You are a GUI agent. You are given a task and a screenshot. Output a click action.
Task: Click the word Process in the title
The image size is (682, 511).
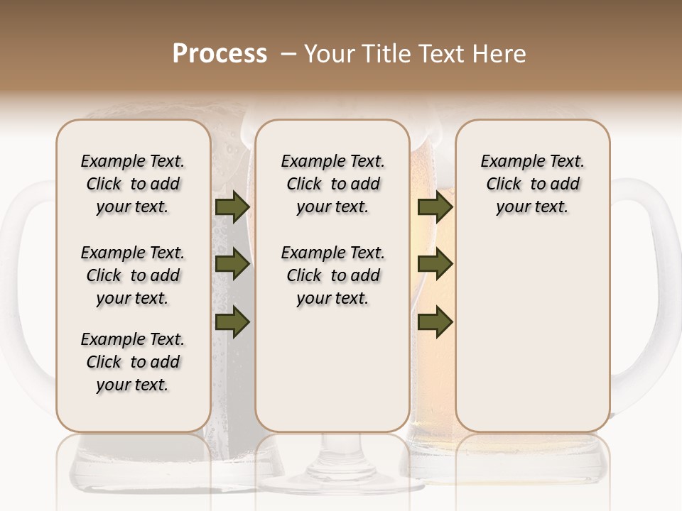point(220,54)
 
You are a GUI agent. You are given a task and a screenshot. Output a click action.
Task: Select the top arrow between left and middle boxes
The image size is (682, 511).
point(232,208)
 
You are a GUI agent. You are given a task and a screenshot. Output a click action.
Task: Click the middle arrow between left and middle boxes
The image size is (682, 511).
point(232,265)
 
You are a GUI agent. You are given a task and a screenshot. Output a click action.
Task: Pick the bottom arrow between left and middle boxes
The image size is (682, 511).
point(232,322)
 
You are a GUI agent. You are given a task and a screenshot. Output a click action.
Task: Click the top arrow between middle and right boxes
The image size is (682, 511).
point(435,208)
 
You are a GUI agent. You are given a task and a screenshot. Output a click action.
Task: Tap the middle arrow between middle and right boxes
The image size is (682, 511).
point(435,265)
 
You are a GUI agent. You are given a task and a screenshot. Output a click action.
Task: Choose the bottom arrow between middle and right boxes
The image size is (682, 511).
point(435,322)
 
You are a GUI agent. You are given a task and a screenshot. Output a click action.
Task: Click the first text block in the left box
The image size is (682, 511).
point(133,184)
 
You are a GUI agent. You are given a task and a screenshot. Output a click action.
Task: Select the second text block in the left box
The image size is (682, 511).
point(133,275)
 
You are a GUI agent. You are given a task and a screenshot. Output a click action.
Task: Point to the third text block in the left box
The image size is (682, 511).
point(133,362)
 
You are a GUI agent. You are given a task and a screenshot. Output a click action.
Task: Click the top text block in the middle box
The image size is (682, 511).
point(332,184)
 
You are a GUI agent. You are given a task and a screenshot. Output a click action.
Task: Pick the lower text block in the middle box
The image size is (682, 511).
point(332,275)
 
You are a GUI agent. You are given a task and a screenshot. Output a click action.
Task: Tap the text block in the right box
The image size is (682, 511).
point(532,184)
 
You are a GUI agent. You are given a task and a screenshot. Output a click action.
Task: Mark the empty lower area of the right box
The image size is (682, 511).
point(532,334)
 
